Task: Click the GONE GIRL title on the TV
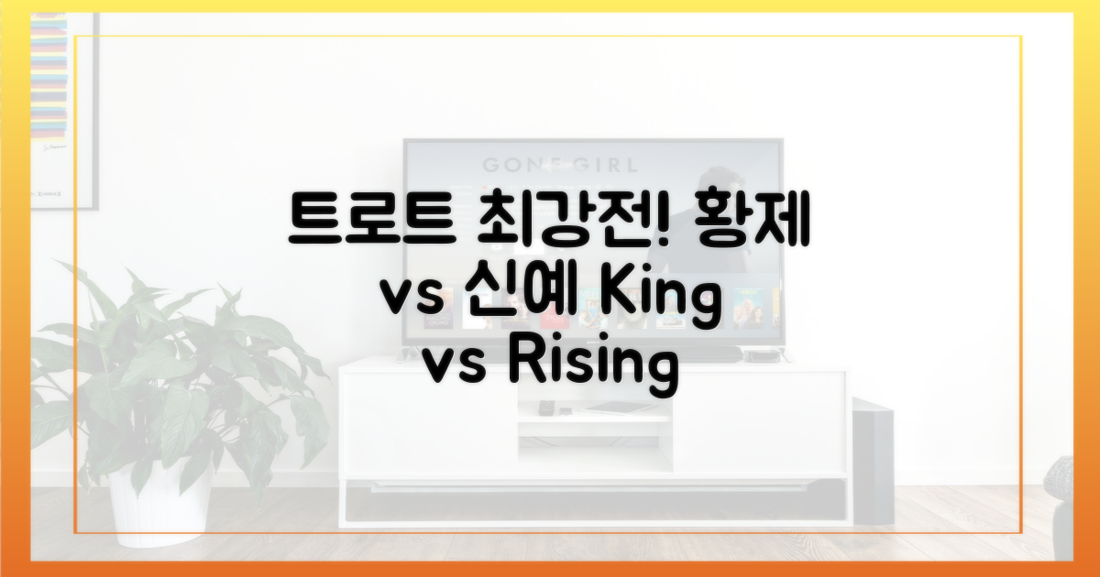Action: click(560, 164)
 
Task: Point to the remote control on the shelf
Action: click(544, 408)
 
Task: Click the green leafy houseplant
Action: click(172, 373)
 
